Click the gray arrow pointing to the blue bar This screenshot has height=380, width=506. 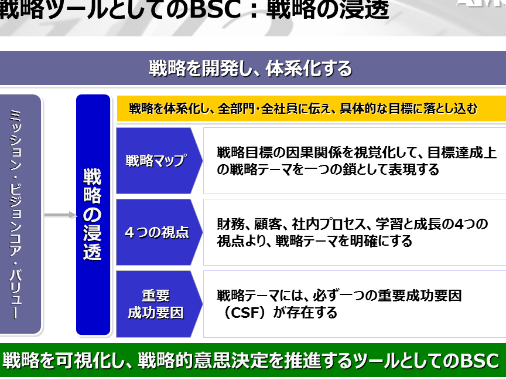61,215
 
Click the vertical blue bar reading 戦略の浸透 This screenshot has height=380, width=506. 93,215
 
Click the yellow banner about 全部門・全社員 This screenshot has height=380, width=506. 312,108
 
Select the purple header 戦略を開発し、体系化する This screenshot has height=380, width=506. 253,68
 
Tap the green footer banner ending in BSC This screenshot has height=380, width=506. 253,360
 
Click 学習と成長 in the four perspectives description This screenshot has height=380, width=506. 408,224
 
